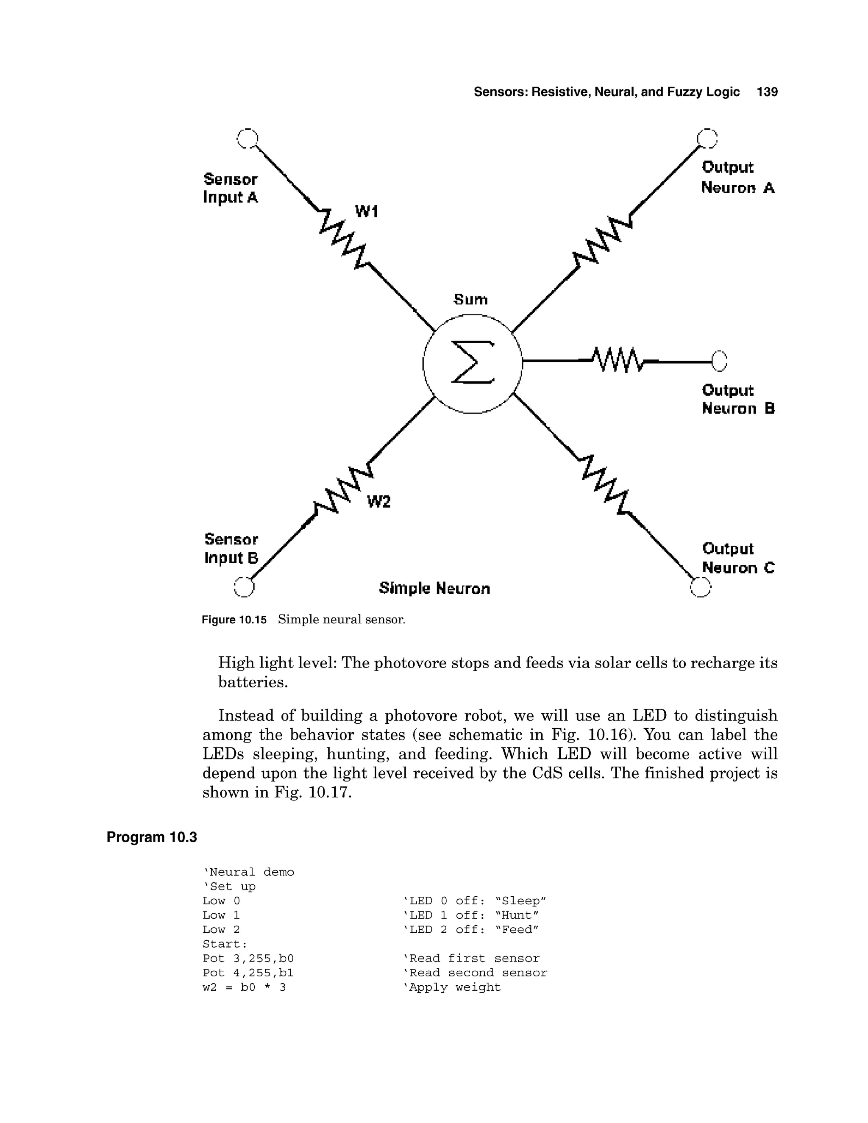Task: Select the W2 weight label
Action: (379, 502)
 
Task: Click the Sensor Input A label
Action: (231, 188)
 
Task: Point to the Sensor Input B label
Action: (231, 549)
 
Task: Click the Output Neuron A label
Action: (737, 178)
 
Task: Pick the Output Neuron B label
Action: (738, 400)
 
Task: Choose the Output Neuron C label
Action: (738, 559)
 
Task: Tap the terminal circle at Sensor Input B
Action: (244, 587)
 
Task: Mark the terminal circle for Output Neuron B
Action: (719, 361)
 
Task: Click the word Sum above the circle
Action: (470, 299)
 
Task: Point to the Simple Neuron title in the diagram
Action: (434, 588)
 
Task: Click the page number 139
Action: (767, 92)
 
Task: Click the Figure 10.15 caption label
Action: (234, 620)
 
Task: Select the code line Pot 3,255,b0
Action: (248, 959)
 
